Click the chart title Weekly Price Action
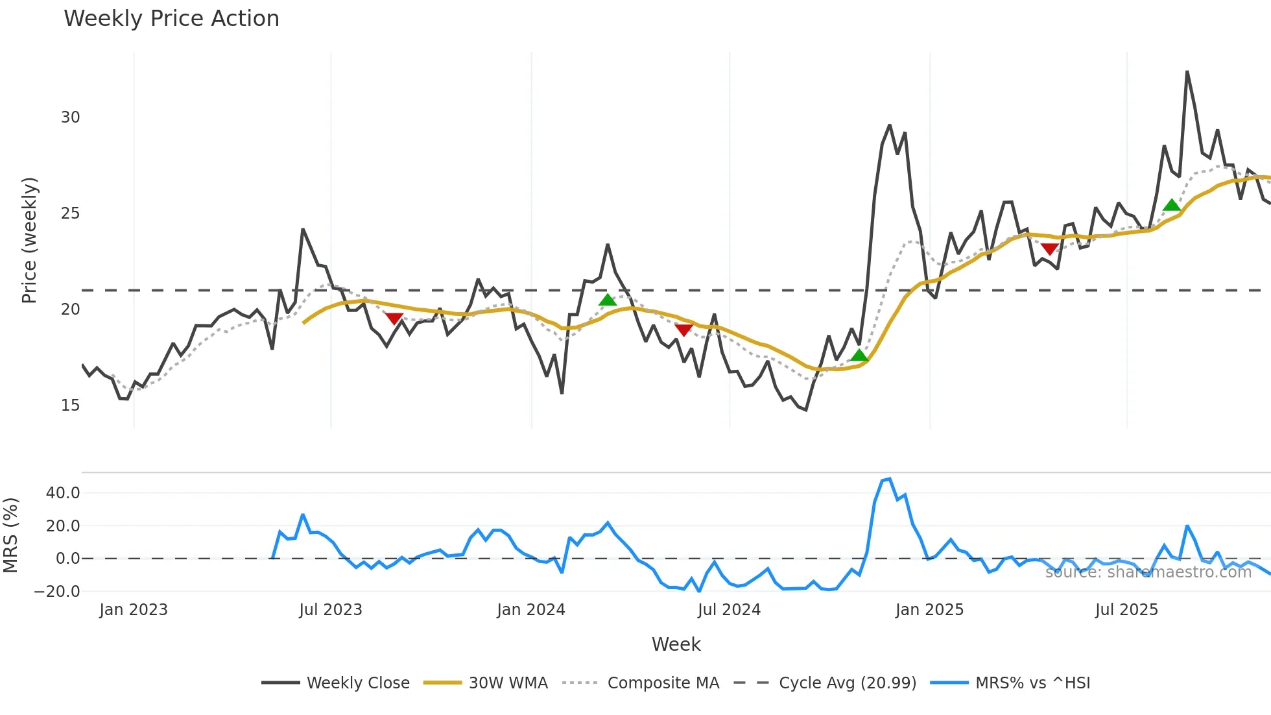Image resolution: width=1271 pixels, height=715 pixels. (x=171, y=19)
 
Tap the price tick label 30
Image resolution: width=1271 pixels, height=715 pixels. (x=70, y=117)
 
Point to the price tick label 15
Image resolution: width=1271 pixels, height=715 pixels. (x=70, y=406)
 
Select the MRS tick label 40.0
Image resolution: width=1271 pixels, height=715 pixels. (x=63, y=493)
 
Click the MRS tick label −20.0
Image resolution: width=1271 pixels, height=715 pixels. (x=57, y=592)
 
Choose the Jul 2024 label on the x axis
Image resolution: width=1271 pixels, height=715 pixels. (x=729, y=610)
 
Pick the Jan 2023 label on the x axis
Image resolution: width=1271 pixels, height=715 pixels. (x=134, y=610)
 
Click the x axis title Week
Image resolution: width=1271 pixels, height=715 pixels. (x=676, y=644)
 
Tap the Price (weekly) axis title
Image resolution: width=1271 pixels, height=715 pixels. (x=29, y=240)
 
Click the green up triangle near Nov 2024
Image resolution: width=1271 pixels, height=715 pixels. (x=859, y=355)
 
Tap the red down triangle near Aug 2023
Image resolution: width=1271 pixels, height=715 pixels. (x=394, y=318)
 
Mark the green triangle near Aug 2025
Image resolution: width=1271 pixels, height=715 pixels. (x=1172, y=206)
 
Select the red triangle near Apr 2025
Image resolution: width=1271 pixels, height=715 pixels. (x=1050, y=248)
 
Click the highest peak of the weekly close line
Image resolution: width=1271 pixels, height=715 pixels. (x=1187, y=72)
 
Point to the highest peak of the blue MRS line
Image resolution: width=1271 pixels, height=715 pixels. (x=890, y=479)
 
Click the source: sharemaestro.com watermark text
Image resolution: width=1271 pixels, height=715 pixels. (x=1148, y=572)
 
